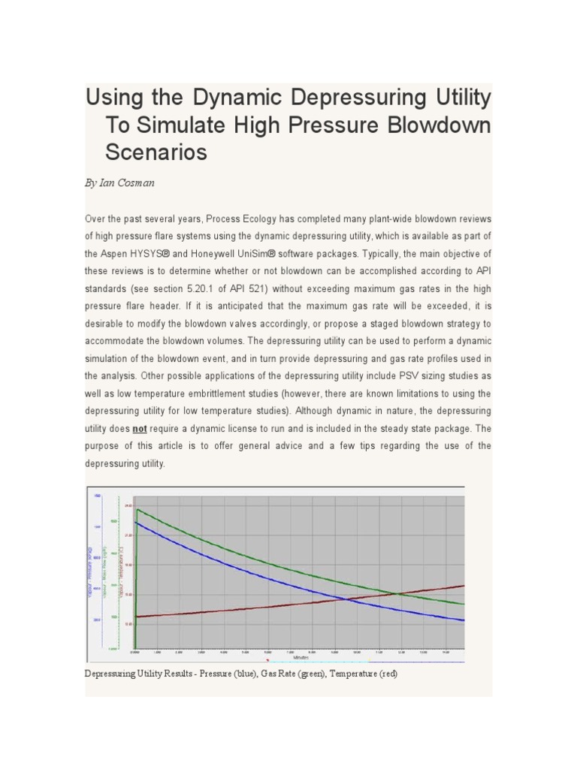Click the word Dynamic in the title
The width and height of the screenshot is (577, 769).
pos(237,98)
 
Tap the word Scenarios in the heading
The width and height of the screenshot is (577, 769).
pos(156,152)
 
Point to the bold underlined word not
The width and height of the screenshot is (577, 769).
pos(140,429)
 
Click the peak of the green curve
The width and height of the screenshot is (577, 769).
pos(137,509)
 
